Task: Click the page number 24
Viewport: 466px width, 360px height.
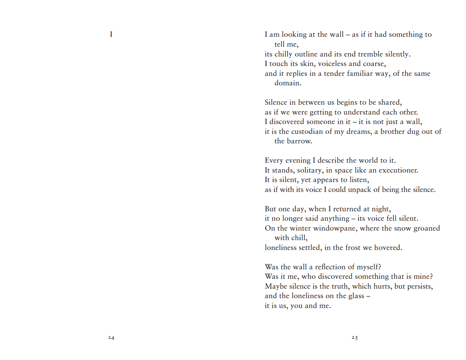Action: (111, 337)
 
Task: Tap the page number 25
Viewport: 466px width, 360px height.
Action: (354, 337)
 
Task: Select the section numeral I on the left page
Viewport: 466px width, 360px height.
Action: (111, 35)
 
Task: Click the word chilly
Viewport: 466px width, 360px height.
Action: (283, 54)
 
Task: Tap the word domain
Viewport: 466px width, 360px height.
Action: (288, 83)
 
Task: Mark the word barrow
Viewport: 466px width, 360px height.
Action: (300, 141)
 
